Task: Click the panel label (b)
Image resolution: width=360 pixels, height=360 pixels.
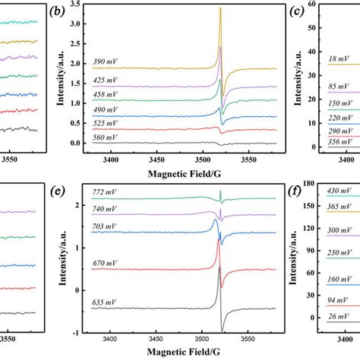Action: pyautogui.click(x=55, y=11)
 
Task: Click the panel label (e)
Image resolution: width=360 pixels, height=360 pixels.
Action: pyautogui.click(x=55, y=191)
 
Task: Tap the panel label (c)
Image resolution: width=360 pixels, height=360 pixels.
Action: pyautogui.click(x=298, y=11)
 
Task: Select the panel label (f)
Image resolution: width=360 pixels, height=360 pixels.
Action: pyautogui.click(x=298, y=191)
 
